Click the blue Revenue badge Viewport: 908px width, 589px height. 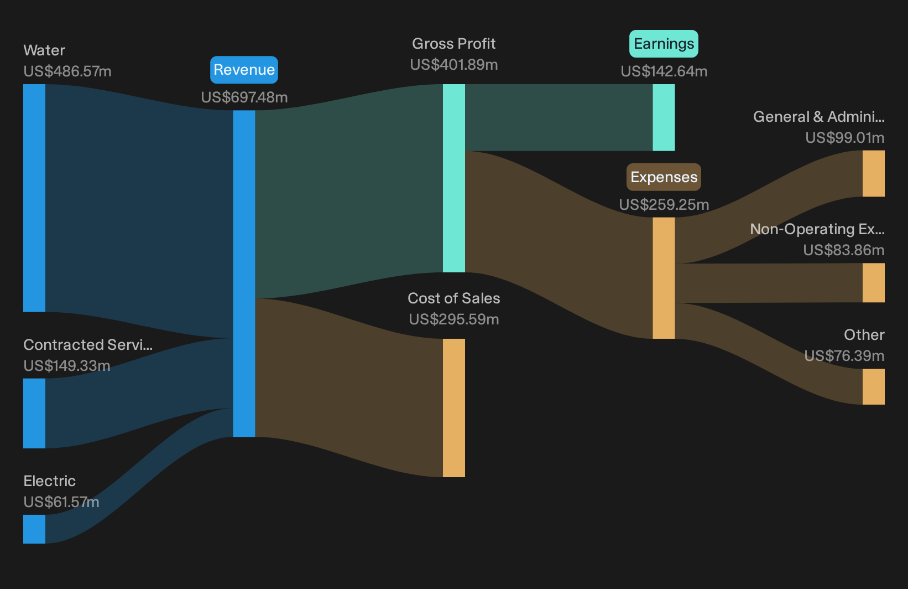click(x=244, y=70)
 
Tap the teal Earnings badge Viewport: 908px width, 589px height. click(x=664, y=44)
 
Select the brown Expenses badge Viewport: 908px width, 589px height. click(x=664, y=177)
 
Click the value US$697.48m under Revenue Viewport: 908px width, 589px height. click(x=244, y=97)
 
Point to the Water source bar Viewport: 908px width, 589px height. click(x=34, y=198)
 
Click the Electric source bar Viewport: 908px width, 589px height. click(x=34, y=529)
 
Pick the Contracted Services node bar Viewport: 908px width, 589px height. click(x=34, y=413)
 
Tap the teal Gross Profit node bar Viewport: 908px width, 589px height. click(x=454, y=178)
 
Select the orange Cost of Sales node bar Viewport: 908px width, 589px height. click(x=454, y=408)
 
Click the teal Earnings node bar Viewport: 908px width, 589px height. click(x=664, y=118)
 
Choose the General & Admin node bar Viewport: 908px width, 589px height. click(x=874, y=174)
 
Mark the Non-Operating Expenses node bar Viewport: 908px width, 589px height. click(x=874, y=283)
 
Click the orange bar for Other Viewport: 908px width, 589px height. click(x=874, y=387)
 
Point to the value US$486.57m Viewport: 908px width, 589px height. click(x=67, y=71)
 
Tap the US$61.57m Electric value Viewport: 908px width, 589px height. click(x=61, y=502)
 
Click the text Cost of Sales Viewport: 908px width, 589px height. click(x=453, y=298)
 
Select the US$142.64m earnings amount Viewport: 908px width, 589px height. click(x=664, y=71)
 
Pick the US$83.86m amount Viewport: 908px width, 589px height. click(x=843, y=250)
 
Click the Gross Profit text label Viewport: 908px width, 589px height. click(x=453, y=44)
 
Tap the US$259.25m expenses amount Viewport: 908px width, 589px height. click(x=664, y=205)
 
